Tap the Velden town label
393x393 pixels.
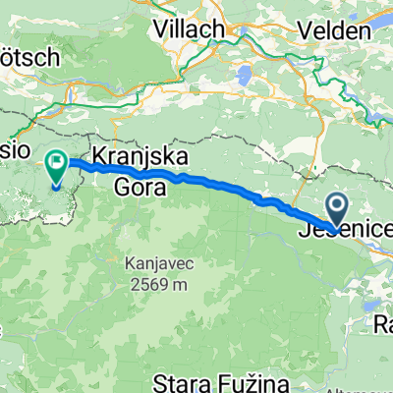(x=337, y=30)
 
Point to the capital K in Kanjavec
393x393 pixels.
(x=131, y=263)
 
